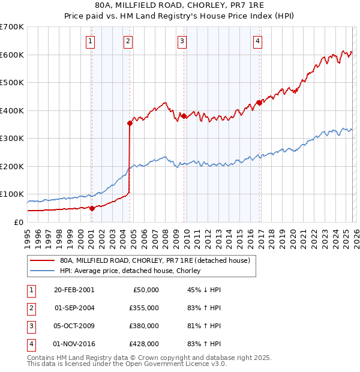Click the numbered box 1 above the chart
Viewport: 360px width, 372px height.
[90, 41]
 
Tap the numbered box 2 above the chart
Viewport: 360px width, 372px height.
[128, 41]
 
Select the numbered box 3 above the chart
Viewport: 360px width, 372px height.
[182, 41]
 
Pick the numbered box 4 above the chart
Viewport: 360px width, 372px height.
[257, 41]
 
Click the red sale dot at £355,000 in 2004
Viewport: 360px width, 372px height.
[130, 123]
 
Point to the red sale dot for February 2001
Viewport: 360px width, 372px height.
[92, 208]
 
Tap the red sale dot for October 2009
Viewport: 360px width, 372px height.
[184, 116]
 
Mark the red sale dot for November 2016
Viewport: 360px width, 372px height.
[259, 103]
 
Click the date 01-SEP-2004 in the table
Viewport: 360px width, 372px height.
[74, 308]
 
